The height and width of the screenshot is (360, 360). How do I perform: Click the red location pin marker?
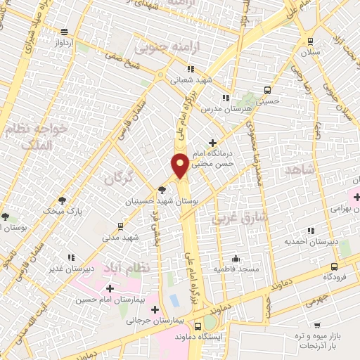pyautogui.click(x=180, y=165)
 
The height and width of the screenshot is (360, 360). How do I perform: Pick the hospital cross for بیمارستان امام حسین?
pyautogui.click(x=110, y=288)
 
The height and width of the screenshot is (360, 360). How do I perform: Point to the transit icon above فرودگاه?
pyautogui.click(x=333, y=266)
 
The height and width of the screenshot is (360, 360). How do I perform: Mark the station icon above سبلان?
pyautogui.click(x=311, y=41)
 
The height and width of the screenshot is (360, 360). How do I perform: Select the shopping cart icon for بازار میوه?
pyautogui.click(x=317, y=325)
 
